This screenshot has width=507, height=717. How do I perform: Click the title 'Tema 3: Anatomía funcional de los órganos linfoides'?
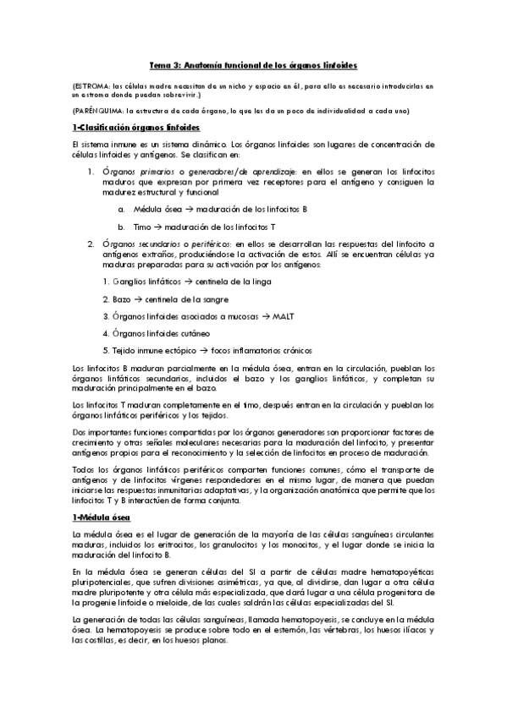253,64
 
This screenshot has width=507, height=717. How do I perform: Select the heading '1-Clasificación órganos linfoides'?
136,129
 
